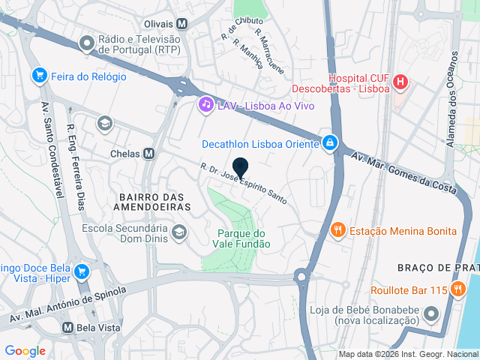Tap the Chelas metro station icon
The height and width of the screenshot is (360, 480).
pos(148,153)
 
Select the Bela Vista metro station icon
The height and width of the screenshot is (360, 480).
pos(67,328)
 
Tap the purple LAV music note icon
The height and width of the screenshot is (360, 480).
pos(205,106)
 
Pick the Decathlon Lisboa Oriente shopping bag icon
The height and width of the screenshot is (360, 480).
pos(329,142)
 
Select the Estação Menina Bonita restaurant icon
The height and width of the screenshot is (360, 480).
pos(338,230)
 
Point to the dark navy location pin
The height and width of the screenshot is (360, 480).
pos(240,169)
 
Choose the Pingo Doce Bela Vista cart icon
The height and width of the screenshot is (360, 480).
pos(82,271)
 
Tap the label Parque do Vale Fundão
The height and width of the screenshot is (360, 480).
pos(243,238)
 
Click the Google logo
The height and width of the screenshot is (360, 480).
pos(25,351)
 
